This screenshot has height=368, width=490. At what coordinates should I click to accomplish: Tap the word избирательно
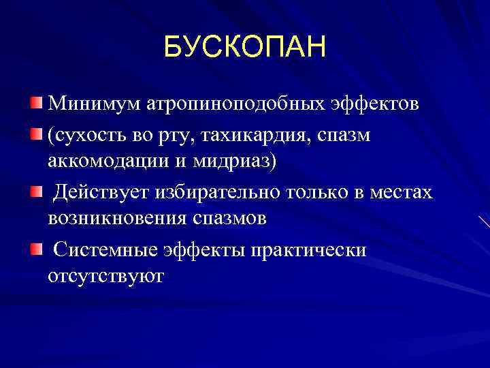[216, 193]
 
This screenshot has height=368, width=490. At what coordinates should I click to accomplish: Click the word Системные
[105, 250]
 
